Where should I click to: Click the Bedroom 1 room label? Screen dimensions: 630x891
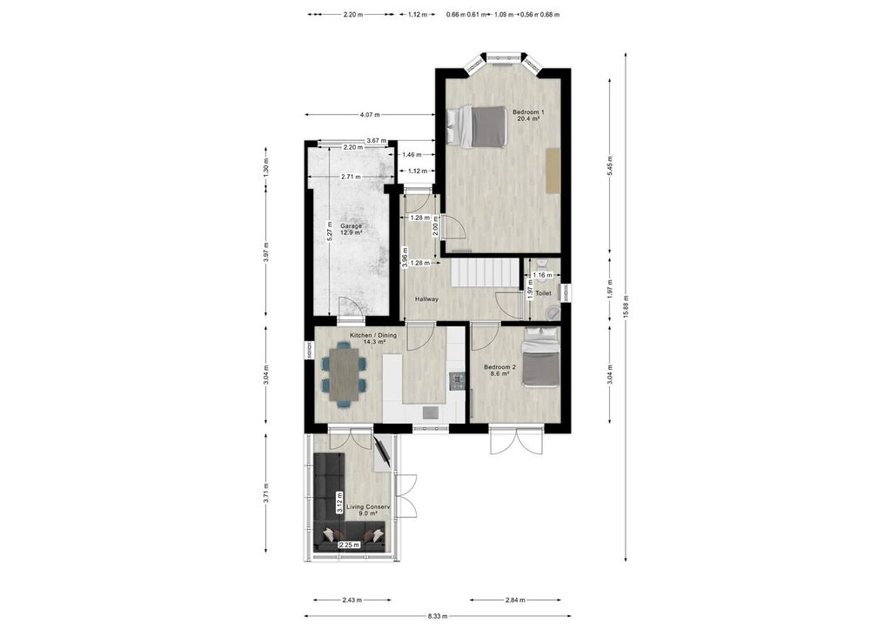pos(528,115)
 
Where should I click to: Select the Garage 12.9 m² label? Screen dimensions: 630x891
pos(351,229)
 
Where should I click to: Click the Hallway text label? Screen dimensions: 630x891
pos(426,299)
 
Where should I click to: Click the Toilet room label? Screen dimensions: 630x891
pos(543,294)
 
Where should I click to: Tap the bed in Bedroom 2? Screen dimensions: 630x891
pos(540,357)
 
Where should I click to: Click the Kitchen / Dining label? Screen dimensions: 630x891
pos(373,338)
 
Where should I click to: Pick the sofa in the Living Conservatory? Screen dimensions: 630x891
pos(331,505)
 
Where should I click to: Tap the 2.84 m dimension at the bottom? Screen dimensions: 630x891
pos(516,600)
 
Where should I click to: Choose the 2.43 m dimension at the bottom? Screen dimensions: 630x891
pos(352,600)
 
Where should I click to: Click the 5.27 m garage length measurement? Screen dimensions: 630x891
pos(330,229)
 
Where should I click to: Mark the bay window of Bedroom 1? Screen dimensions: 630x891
pos(503,59)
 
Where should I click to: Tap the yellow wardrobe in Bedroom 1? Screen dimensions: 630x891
pos(552,169)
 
